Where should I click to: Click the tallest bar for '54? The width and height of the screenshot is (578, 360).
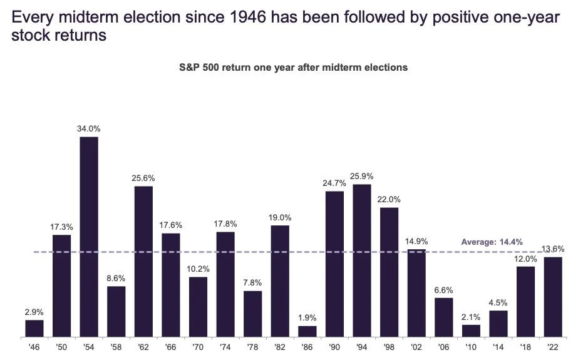tap(89, 237)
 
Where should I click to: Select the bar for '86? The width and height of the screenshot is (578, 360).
tap(307, 331)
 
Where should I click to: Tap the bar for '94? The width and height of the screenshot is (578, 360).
tap(362, 260)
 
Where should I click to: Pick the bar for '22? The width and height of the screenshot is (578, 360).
tap(553, 297)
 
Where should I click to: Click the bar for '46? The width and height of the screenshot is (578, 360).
tap(34, 328)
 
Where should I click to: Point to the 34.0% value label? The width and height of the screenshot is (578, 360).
tap(89, 128)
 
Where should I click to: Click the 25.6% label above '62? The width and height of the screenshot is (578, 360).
tap(143, 178)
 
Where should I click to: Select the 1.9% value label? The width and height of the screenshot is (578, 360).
tap(307, 317)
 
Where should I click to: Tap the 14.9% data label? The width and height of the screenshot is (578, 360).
tap(416, 241)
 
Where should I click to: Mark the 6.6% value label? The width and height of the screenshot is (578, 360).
tap(444, 290)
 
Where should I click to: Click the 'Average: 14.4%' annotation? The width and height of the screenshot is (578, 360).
tap(492, 242)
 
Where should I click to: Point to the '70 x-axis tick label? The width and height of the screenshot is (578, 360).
tap(198, 347)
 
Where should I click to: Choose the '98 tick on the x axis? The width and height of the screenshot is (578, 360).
tap(389, 347)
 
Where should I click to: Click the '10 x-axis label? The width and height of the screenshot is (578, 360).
tap(471, 347)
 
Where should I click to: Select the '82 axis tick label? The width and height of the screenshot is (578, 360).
tap(280, 347)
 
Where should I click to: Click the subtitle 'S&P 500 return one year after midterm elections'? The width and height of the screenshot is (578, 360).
tap(294, 68)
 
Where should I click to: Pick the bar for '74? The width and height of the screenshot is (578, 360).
tap(225, 284)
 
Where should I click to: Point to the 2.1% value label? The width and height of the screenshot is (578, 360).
tap(471, 317)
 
